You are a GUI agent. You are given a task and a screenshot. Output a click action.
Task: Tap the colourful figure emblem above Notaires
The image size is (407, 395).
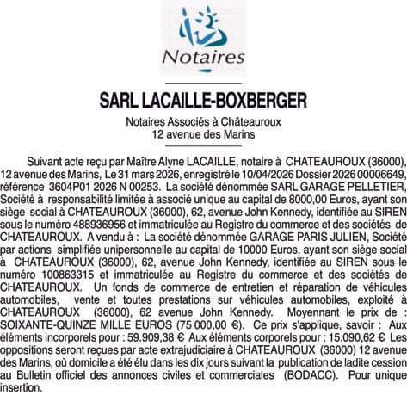[x=204, y=27]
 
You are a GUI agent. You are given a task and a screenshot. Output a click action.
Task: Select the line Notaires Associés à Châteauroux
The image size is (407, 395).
[x=203, y=122]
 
